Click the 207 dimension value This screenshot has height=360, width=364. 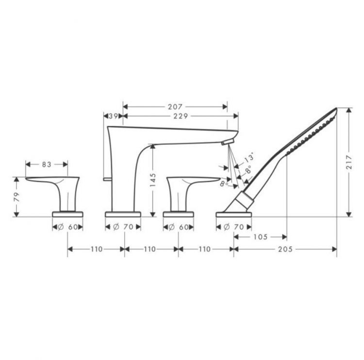pos(175,107)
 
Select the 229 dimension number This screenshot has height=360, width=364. pos(181,116)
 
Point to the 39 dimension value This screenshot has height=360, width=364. pos(113,116)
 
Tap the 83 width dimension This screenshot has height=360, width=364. pos(47,164)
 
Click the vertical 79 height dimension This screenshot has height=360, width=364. pos(17,197)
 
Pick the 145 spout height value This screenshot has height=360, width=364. pos(153,180)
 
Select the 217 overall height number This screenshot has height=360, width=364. pos(349,163)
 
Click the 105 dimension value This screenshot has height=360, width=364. pos(261,237)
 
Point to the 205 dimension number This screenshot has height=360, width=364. pos(285,249)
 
